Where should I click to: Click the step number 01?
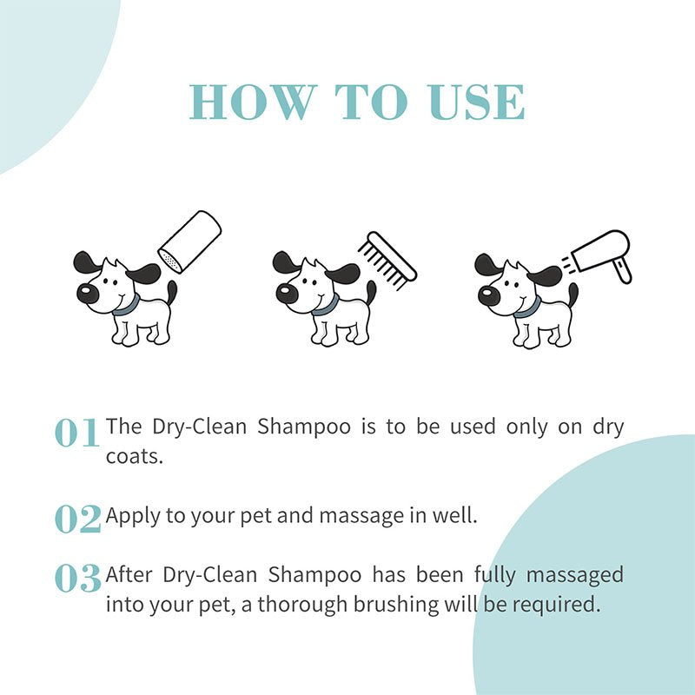pos(77,432)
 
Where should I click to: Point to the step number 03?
pos(77,579)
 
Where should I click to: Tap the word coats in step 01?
pos(134,456)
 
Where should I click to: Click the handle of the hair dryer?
pos(621,270)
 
